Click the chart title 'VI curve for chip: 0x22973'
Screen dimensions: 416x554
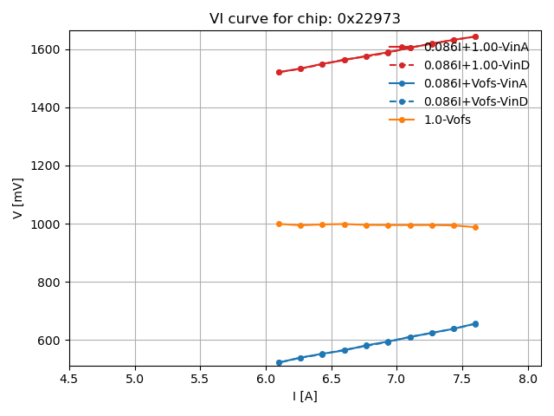[x=305, y=19]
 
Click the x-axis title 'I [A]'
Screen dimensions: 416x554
[x=305, y=396]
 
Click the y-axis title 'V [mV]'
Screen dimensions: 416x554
[x=18, y=198]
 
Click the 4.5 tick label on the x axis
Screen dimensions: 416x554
[x=69, y=379]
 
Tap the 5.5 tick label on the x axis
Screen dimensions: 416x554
[x=200, y=379]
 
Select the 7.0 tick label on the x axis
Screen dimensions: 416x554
[x=396, y=379]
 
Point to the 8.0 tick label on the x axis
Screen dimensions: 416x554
[x=528, y=379]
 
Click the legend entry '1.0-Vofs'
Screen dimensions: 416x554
[x=447, y=120]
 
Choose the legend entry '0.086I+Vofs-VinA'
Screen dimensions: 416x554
[x=475, y=83]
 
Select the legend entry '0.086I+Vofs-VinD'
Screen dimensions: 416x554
[x=475, y=101]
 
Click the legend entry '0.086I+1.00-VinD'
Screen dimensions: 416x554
[x=475, y=65]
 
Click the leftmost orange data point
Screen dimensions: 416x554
[x=279, y=224]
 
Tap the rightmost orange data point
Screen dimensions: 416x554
[x=475, y=227]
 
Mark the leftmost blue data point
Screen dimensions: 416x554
[x=279, y=362]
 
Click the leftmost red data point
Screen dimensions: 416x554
[x=279, y=72]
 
